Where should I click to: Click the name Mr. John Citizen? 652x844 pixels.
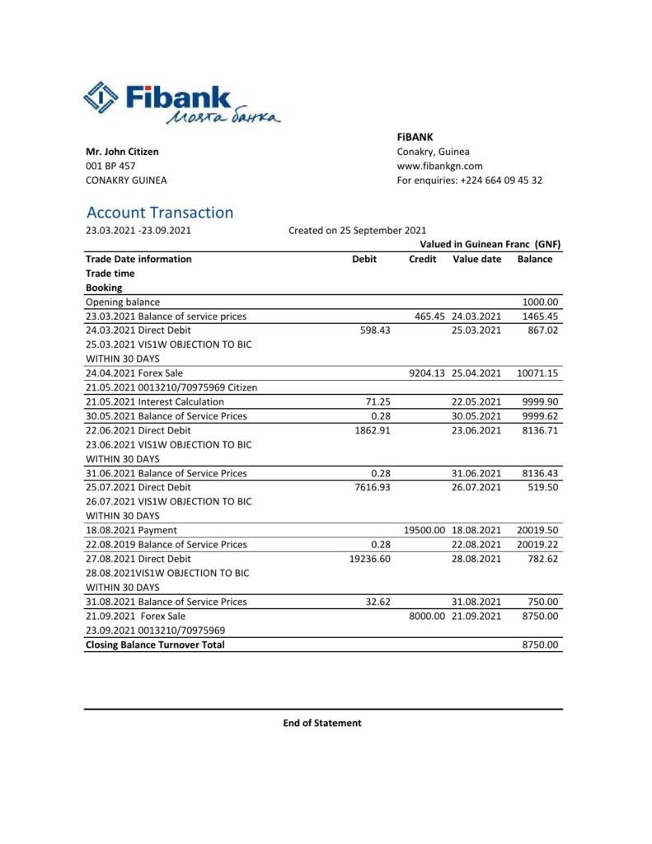pyautogui.click(x=123, y=152)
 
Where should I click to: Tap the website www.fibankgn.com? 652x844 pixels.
pyautogui.click(x=439, y=166)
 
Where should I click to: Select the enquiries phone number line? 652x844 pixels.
pyautogui.click(x=469, y=181)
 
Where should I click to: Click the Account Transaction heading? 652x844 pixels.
pyautogui.click(x=160, y=213)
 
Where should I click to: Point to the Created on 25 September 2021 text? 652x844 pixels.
pyautogui.click(x=358, y=231)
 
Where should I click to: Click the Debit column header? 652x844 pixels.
pyautogui.click(x=364, y=259)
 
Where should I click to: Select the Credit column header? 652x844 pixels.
pyautogui.click(x=423, y=259)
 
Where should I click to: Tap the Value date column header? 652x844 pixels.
pyautogui.click(x=477, y=259)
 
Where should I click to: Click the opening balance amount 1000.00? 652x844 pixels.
pyautogui.click(x=542, y=302)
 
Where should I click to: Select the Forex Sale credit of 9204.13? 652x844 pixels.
pyautogui.click(x=427, y=373)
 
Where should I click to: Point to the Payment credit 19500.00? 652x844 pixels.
pyautogui.click(x=425, y=531)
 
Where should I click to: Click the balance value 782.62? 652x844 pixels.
pyautogui.click(x=544, y=559)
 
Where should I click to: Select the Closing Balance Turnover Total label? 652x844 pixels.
pyautogui.click(x=155, y=645)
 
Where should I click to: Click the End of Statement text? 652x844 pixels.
pyautogui.click(x=322, y=723)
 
